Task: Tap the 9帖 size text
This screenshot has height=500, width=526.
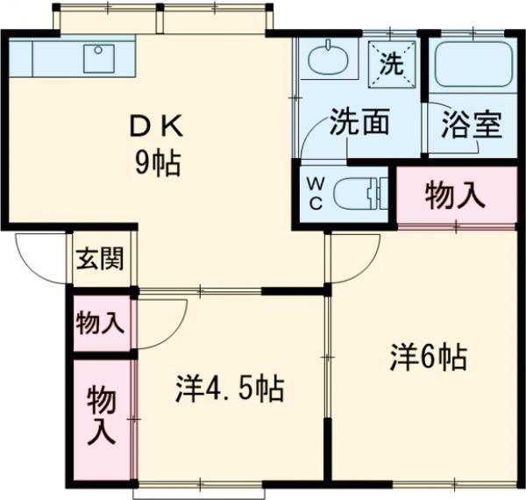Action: (158, 163)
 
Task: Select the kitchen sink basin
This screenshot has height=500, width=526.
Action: (99, 58)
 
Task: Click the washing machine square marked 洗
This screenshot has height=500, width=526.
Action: (391, 62)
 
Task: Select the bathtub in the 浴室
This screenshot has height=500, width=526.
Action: (473, 64)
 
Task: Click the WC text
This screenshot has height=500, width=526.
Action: (316, 193)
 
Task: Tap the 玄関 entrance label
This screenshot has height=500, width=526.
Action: (99, 260)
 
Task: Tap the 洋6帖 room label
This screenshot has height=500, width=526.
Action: (427, 357)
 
